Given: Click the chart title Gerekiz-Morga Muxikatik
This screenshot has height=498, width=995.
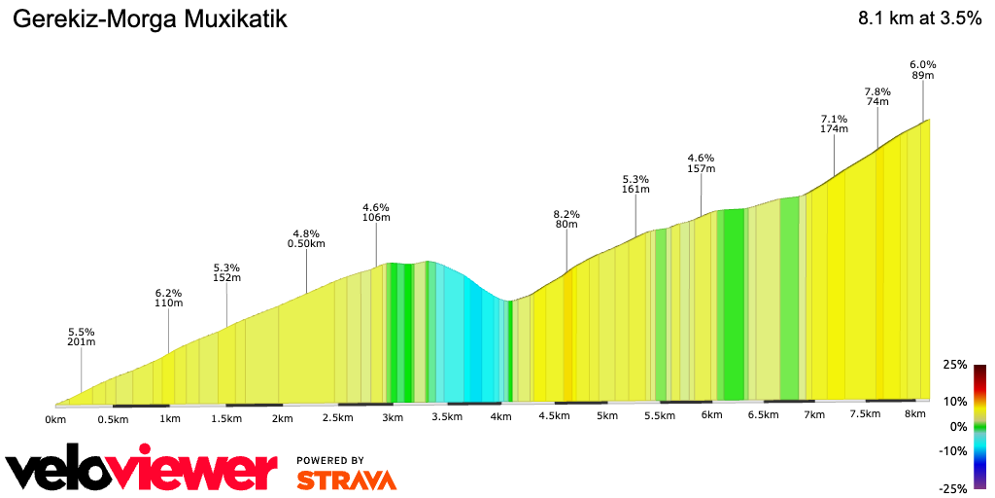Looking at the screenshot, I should (x=149, y=19).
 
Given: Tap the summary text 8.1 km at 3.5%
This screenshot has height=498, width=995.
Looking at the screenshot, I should (x=919, y=19).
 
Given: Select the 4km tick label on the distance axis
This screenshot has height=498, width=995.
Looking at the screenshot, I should (x=500, y=417).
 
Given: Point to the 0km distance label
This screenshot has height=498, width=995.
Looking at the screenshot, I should (x=55, y=419).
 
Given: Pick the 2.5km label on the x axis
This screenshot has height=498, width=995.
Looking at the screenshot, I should (x=337, y=418).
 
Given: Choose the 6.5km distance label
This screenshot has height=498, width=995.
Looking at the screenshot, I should (x=763, y=415).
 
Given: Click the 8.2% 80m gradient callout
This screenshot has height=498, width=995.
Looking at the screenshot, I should (x=566, y=220).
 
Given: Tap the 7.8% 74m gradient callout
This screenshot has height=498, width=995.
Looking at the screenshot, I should (x=877, y=96).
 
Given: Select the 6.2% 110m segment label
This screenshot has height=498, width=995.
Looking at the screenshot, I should (x=169, y=298).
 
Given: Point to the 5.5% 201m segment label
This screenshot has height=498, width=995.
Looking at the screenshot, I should (x=82, y=337).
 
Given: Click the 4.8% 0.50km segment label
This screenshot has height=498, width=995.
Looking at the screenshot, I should (x=306, y=238).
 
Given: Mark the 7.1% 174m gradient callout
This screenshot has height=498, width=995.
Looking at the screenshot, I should (x=834, y=124).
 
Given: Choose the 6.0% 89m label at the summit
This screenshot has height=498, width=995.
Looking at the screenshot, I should (x=922, y=70).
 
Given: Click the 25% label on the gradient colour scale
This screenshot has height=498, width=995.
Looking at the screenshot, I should (x=956, y=365).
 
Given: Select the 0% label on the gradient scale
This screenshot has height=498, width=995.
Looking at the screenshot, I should (x=959, y=427).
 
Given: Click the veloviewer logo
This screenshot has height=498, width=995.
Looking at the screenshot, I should (x=141, y=470).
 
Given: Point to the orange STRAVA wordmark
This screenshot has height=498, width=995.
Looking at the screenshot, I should (x=346, y=480).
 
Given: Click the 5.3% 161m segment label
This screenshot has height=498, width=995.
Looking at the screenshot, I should (x=635, y=185).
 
